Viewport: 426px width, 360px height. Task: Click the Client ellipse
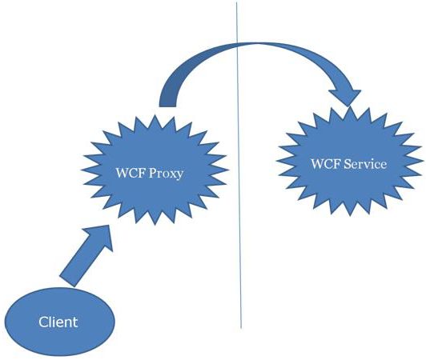pyautogui.click(x=60, y=322)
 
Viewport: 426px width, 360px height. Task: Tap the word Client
pyautogui.click(x=58, y=322)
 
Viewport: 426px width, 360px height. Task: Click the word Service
pyautogui.click(x=366, y=164)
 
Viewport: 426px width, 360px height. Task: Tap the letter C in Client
pyautogui.click(x=42, y=322)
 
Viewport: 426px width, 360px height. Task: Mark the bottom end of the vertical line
pyautogui.click(x=241, y=327)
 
